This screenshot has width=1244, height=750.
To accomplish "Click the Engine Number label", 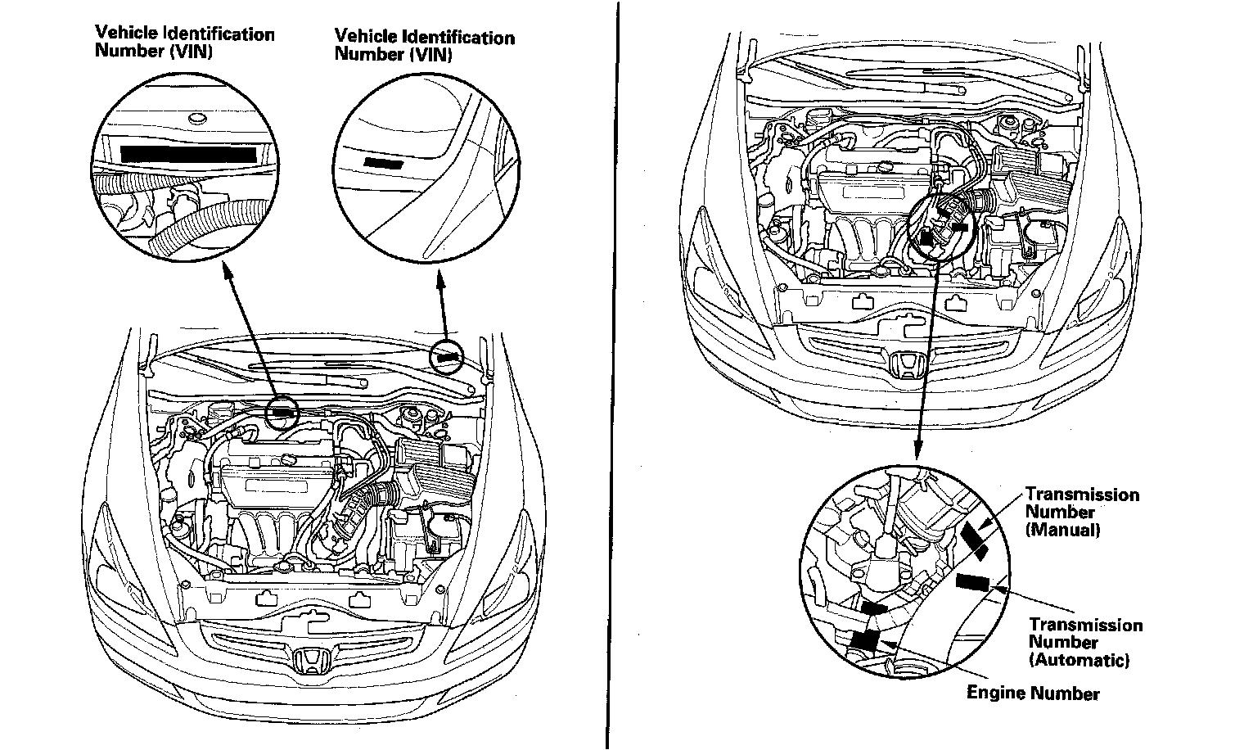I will [1033, 694].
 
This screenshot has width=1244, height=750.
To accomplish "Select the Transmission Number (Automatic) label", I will [1084, 642].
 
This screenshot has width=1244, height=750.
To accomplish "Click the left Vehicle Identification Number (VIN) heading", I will [184, 42].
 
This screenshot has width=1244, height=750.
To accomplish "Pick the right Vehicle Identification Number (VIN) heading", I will [424, 46].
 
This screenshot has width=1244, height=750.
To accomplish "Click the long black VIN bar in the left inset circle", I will [188, 153].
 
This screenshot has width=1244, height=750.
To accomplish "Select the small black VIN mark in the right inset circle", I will [384, 162].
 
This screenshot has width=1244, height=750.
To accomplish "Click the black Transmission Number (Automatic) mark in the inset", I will [974, 582].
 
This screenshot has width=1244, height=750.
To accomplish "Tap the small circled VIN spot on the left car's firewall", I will [283, 412].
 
